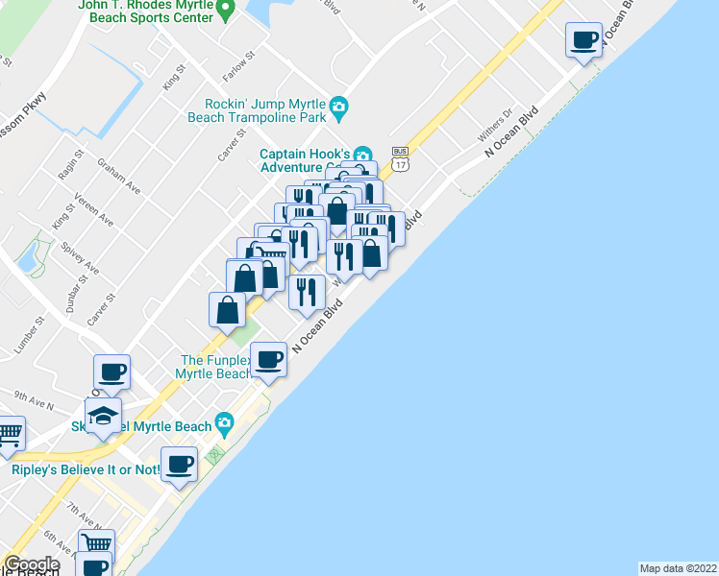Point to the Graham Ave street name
119,177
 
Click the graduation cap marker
103,416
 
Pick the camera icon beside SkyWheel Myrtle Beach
224,422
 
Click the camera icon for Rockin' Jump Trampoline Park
337,106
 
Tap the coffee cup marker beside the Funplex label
269,360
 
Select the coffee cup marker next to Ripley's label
179,465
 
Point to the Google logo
32,564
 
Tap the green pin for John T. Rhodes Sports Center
225,10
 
